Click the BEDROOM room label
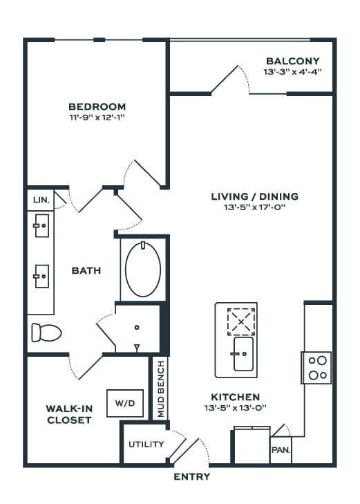tap(97, 106)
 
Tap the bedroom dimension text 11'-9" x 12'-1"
tap(97, 118)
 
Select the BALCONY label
tap(293, 61)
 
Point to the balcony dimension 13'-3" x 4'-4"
tap(292, 72)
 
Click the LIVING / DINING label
tap(255, 196)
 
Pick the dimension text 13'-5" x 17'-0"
tap(255, 207)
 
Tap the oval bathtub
tap(143, 269)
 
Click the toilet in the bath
tap(46, 333)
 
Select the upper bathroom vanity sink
tap(41, 225)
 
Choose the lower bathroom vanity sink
tap(41, 276)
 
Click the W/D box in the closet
tap(125, 403)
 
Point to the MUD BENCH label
tap(161, 389)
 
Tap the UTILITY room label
tap(146, 445)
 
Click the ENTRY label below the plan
tap(191, 476)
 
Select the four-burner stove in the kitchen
tap(316, 368)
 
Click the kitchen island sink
tap(243, 354)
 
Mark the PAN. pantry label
tap(281, 449)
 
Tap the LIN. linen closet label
tap(41, 200)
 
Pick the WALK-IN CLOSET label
tap(69, 414)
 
